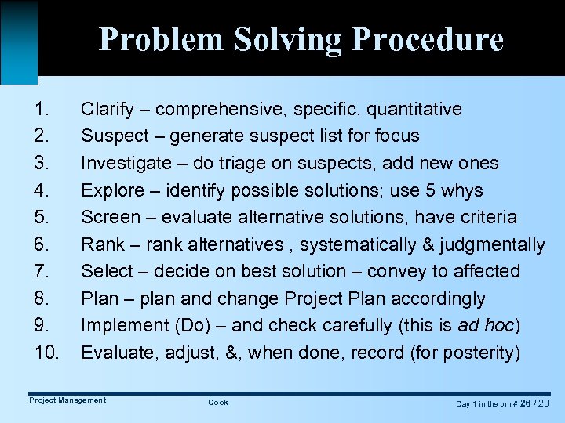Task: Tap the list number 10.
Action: (x=47, y=353)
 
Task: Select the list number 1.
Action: (x=42, y=109)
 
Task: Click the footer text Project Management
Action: (x=67, y=400)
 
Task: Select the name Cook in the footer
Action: (x=218, y=402)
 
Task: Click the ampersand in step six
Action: (x=427, y=245)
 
